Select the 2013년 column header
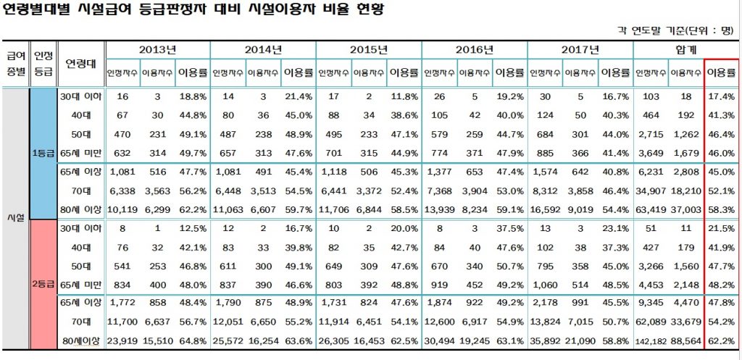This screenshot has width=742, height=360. (158, 50)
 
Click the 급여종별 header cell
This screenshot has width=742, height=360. (15, 62)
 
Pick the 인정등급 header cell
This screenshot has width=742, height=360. (43, 62)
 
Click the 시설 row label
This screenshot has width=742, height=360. (15, 217)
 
